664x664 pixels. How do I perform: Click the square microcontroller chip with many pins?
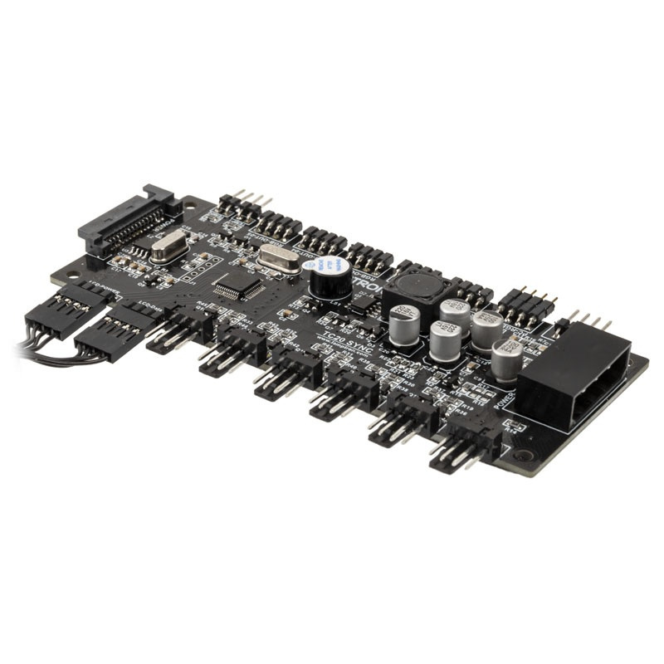pos(239,287)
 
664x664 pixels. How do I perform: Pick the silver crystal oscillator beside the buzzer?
pos(278,259)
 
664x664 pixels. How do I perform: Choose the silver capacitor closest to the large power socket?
pos(507,357)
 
